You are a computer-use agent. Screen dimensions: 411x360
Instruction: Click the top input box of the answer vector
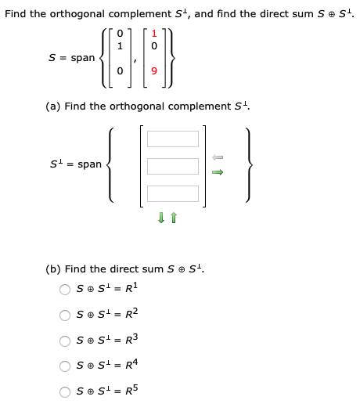click(173, 139)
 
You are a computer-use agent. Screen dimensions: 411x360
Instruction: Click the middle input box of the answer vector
click(173, 166)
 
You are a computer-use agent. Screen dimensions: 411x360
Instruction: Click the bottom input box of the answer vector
click(173, 193)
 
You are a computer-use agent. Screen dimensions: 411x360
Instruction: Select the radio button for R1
click(66, 290)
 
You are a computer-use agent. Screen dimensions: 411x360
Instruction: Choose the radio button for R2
click(66, 315)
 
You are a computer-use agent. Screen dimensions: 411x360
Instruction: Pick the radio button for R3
click(66, 341)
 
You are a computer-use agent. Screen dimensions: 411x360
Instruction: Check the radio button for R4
click(66, 367)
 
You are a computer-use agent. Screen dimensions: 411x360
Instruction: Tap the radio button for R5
click(66, 393)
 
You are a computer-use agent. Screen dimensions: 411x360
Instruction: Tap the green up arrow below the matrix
click(178, 218)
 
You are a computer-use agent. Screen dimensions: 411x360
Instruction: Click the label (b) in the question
click(53, 269)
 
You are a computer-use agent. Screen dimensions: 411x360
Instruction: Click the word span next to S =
click(82, 58)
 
